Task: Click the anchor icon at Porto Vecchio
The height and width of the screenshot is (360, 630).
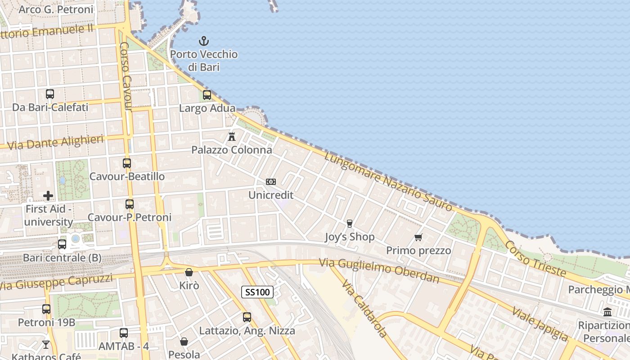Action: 204,41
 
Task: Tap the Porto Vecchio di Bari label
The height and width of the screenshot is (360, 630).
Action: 204,60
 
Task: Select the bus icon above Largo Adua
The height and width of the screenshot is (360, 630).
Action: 207,95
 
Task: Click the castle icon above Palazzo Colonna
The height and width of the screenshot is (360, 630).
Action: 232,136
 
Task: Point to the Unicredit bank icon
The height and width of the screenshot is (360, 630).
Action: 271,182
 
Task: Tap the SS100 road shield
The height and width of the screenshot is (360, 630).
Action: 257,292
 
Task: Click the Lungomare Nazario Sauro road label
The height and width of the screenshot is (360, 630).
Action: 388,182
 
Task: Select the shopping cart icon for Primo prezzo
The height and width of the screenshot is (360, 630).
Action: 418,237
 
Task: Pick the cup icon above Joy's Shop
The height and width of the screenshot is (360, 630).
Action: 349,224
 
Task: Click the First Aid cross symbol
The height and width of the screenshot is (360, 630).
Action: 48,196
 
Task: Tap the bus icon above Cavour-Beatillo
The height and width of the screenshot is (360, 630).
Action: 127,163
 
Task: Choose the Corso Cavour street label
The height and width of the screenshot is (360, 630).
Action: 126,76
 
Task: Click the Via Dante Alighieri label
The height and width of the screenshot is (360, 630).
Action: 56,142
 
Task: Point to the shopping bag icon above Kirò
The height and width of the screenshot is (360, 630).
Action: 189,272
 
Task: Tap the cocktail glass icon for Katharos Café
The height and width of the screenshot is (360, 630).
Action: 46,345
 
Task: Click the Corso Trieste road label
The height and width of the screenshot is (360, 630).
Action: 535,258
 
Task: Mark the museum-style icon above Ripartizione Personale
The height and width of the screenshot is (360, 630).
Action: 607,312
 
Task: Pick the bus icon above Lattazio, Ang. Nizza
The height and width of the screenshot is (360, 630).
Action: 247,317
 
